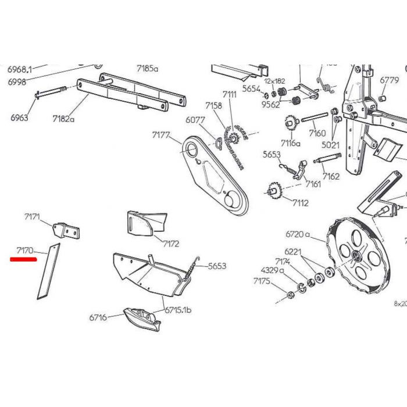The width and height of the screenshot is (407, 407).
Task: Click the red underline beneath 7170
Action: (x=24, y=260)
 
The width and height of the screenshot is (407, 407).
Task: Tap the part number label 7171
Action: (x=33, y=217)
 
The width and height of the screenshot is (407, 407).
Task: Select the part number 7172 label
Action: (x=171, y=244)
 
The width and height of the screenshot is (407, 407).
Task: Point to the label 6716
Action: (x=98, y=318)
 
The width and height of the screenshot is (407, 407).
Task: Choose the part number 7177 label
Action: (x=161, y=135)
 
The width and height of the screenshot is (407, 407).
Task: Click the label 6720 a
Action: (x=298, y=235)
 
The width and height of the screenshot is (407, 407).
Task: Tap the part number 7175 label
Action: (x=262, y=281)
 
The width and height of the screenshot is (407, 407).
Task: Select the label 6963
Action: (x=19, y=117)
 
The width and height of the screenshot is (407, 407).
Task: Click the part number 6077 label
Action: (x=196, y=120)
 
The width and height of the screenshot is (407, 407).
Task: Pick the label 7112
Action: (x=301, y=203)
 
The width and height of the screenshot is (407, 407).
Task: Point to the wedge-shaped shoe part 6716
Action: (x=141, y=319)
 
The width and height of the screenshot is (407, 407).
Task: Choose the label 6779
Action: (x=389, y=80)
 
